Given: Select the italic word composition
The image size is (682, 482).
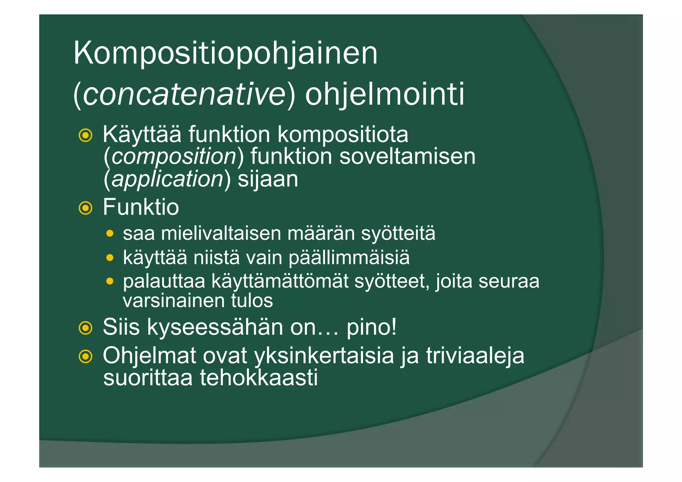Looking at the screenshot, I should (x=174, y=157).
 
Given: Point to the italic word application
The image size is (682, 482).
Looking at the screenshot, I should (x=167, y=179).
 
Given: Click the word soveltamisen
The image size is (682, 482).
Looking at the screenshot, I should (x=407, y=157).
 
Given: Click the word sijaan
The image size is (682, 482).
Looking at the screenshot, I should (x=268, y=179).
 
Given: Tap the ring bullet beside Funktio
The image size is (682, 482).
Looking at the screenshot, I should (x=86, y=208).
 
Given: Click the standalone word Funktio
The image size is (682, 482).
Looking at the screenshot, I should (x=141, y=207).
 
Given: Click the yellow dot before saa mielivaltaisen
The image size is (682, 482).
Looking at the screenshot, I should (x=110, y=234).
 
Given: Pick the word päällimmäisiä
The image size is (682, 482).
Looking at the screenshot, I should (x=349, y=257).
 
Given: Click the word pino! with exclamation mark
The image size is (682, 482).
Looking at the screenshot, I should (x=372, y=327).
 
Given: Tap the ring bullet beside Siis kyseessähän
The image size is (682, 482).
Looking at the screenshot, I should (x=86, y=328).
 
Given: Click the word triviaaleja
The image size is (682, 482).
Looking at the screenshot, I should (x=475, y=356).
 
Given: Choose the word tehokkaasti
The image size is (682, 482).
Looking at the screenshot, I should (x=258, y=378).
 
